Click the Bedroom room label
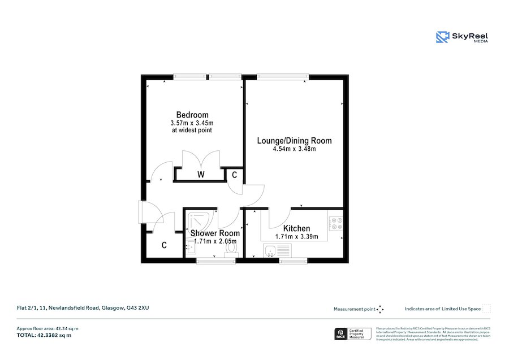coord(192,115)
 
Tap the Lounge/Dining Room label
coord(294,141)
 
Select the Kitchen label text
coord(296,228)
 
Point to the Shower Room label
coord(215,233)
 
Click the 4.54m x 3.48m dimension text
coord(294,149)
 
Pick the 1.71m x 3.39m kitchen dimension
coord(296,237)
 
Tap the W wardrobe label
coord(201,175)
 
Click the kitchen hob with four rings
coord(336,224)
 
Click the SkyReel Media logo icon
coord(442,37)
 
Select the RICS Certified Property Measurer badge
coord(353,333)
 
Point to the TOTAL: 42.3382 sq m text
coord(44,335)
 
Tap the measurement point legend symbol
coord(380,309)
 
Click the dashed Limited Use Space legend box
coord(486,309)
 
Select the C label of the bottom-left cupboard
coord(164,245)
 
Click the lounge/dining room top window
coord(283,76)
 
